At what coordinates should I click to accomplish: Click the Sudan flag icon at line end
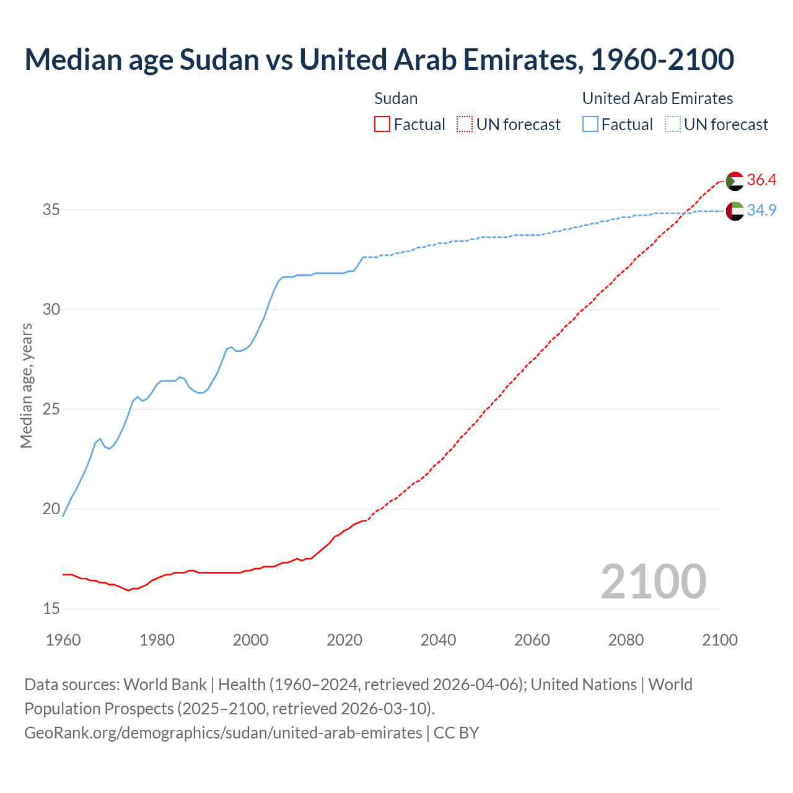pos(735,181)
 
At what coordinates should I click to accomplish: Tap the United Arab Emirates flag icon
pos(735,211)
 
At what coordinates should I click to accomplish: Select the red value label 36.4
pos(761,180)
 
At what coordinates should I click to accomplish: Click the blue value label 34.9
pos(761,211)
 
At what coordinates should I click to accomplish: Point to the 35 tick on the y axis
pos(51,209)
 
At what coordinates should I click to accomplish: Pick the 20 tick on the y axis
pos(51,509)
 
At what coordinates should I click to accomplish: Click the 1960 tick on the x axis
pos(63,640)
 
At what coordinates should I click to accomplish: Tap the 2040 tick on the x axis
pos(438,640)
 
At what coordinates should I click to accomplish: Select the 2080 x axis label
pos(626,640)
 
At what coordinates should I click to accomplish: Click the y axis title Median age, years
pos(26,385)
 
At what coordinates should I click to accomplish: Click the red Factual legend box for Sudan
pos(382,125)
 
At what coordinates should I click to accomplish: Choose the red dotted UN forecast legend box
pos(465,125)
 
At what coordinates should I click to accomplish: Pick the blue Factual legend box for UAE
pos(590,125)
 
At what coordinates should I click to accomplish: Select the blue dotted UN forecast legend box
pos(672,125)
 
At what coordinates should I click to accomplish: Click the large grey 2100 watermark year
pos(653,581)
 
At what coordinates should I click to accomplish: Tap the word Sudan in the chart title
pos(219,59)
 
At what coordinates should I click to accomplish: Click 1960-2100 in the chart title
pos(662,59)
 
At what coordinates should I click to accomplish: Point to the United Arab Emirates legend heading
pos(657,99)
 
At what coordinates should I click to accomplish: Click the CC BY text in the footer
pos(456,733)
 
